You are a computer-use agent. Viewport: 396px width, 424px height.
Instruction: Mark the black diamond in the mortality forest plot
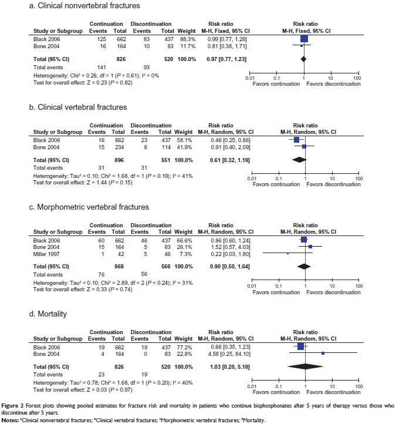[x=304, y=366]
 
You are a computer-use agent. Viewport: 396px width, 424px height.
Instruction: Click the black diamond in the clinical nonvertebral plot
[x=304, y=59]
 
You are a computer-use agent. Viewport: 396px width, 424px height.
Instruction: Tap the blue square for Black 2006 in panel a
[x=304, y=39]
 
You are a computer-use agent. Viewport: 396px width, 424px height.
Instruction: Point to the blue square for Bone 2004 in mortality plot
[x=323, y=353]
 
